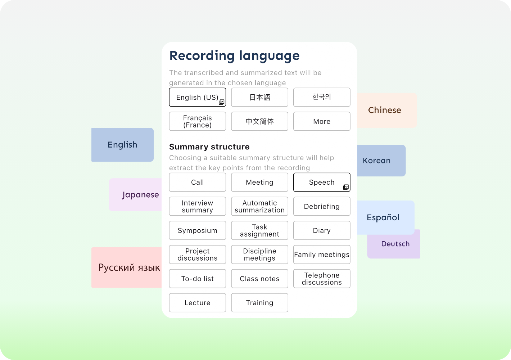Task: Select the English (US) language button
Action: pyautogui.click(x=197, y=97)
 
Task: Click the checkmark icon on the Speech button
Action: pyautogui.click(x=346, y=187)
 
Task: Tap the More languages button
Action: pyautogui.click(x=322, y=121)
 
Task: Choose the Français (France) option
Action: pyautogui.click(x=197, y=121)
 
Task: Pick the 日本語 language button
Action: pyautogui.click(x=259, y=97)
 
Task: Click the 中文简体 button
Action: pyautogui.click(x=259, y=121)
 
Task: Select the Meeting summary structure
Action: pyautogui.click(x=259, y=182)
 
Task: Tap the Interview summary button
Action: pyautogui.click(x=197, y=206)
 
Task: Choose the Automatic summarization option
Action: pyautogui.click(x=259, y=206)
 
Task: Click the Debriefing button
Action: pyautogui.click(x=322, y=206)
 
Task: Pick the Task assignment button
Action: pyautogui.click(x=259, y=230)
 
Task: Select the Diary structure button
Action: pyautogui.click(x=322, y=230)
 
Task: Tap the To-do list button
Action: pyautogui.click(x=197, y=279)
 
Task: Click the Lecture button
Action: pyautogui.click(x=197, y=303)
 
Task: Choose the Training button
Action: pyautogui.click(x=259, y=303)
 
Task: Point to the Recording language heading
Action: pyautogui.click(x=234, y=56)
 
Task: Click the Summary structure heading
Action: pyautogui.click(x=209, y=147)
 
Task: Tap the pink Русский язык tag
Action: pyautogui.click(x=128, y=267)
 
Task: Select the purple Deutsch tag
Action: pyautogui.click(x=395, y=244)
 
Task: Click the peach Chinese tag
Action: pyautogui.click(x=384, y=110)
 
